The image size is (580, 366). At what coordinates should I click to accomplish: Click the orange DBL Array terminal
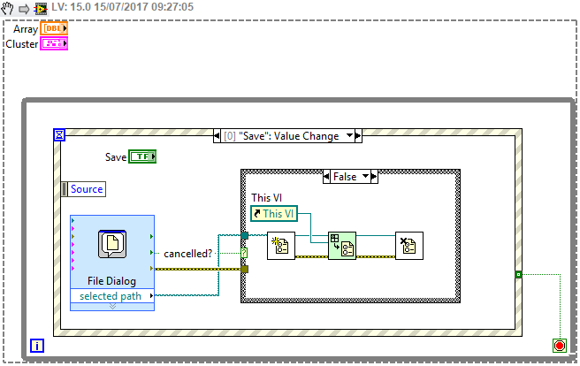point(54,28)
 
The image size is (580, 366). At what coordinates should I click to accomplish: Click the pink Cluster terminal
point(54,43)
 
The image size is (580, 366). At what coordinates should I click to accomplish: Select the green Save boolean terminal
point(142,156)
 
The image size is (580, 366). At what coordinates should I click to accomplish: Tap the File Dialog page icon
point(112,244)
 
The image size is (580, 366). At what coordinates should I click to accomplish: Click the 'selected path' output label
point(111,295)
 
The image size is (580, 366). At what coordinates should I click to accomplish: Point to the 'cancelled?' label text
point(188,254)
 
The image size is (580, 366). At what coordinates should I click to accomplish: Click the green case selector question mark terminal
point(244,253)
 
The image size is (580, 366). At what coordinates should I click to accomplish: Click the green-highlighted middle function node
point(341,246)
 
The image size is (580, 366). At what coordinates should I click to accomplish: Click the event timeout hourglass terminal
point(59,135)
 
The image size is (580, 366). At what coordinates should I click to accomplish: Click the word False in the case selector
point(345,177)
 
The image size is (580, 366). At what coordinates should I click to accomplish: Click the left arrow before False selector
point(325,177)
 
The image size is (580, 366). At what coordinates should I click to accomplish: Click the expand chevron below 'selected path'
point(111,306)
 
